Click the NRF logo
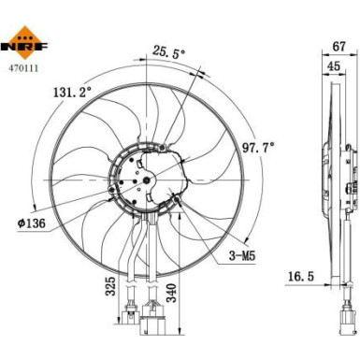(x=25, y=42)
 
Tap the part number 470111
(x=24, y=66)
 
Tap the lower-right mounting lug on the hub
(x=178, y=200)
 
